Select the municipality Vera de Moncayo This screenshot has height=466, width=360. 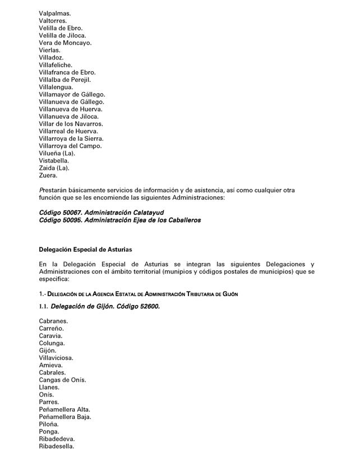(x=66, y=43)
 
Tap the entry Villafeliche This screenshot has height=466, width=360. (x=56, y=65)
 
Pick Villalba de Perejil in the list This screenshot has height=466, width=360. (x=65, y=80)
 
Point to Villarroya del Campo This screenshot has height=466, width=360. (x=70, y=146)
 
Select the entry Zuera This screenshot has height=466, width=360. (x=48, y=175)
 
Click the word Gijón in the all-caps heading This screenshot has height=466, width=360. (x=229, y=294)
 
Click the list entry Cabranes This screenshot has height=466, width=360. (x=52, y=321)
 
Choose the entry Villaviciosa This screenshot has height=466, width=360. (x=56, y=358)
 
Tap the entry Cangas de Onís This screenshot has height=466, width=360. (x=62, y=380)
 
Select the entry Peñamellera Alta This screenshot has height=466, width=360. (x=64, y=409)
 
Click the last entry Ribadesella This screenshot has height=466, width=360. (x=57, y=446)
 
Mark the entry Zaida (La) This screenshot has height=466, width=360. (x=54, y=168)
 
